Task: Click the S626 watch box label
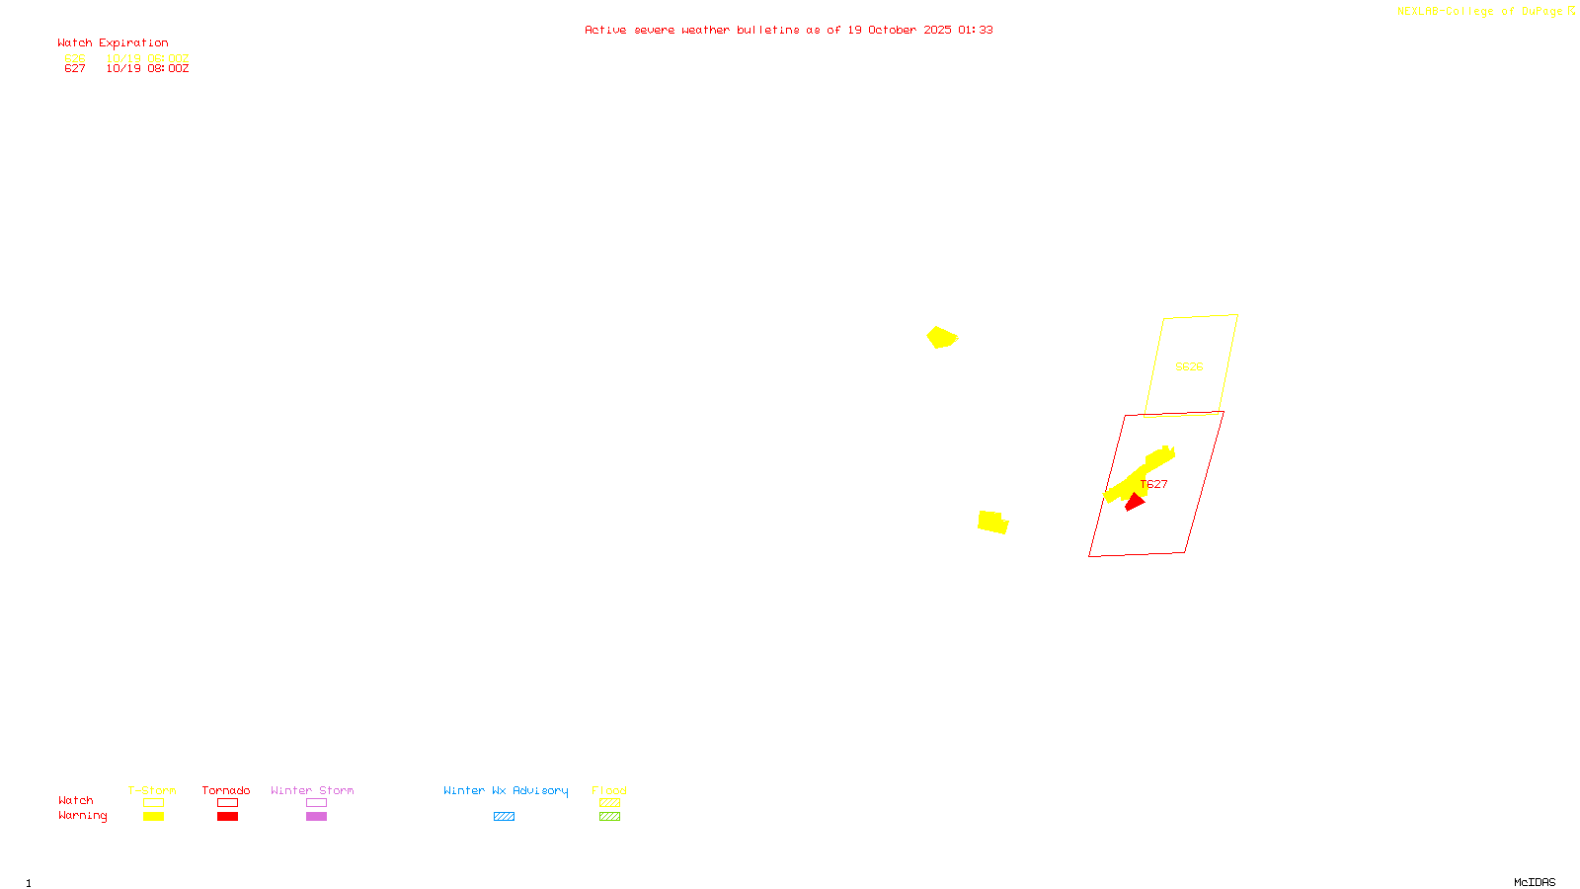coord(1189,366)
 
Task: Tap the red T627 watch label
coord(1154,484)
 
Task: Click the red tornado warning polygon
coord(1135,503)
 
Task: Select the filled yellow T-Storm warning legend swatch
coord(153,817)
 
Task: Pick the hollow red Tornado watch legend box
coord(227,803)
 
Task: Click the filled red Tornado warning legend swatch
coord(227,817)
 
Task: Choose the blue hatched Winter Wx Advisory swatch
coord(504,817)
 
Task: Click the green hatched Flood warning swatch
coord(609,817)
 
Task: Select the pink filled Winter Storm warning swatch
coord(316,817)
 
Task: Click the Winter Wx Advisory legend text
coord(506,790)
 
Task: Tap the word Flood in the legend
coord(609,790)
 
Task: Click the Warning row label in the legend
coord(82,816)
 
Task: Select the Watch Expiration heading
coord(113,43)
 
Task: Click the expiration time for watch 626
coord(147,58)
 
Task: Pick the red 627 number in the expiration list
coord(75,69)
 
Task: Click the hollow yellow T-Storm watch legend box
coord(153,803)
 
